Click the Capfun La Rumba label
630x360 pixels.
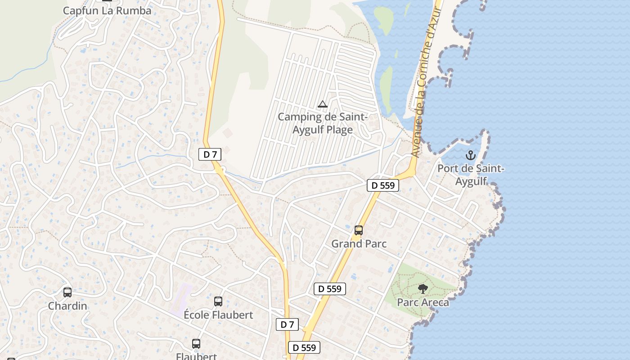(107, 10)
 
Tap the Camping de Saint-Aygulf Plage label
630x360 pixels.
(323, 123)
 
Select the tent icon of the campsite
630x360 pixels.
(322, 104)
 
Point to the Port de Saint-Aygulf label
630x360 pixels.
(471, 175)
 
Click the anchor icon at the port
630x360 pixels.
(470, 156)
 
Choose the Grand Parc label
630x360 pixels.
(359, 244)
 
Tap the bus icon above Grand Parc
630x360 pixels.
(359, 230)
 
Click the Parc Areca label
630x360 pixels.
(423, 302)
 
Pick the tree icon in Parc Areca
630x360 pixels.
(423, 288)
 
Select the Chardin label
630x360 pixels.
(67, 306)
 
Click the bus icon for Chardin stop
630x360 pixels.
(67, 292)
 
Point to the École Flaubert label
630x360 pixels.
(218, 315)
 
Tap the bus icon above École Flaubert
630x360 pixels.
(218, 301)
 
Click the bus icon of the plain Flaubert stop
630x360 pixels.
(196, 344)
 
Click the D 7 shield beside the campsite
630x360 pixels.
(210, 154)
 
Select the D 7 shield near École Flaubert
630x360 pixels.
(287, 324)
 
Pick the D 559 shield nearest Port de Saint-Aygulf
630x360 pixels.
(383, 185)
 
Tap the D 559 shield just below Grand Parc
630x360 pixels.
(330, 289)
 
